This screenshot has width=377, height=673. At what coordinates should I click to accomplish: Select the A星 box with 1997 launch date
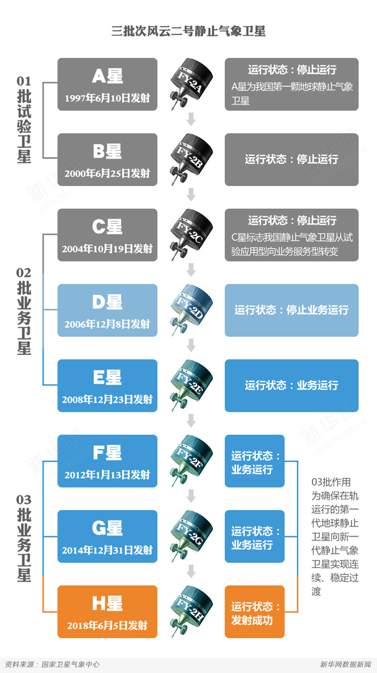[107, 84]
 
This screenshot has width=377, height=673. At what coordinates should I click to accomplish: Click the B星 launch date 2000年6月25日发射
[107, 173]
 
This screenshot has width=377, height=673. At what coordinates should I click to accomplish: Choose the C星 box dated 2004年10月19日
[107, 235]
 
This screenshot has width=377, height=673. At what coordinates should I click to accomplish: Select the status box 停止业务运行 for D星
[291, 310]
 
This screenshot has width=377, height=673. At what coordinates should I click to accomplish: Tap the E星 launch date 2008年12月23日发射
[107, 399]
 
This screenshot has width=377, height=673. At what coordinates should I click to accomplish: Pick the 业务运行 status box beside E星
[291, 385]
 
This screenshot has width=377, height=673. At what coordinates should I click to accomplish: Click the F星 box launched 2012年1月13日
[107, 461]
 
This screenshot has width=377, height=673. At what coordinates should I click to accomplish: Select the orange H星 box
[107, 612]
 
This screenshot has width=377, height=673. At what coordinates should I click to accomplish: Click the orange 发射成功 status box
[255, 612]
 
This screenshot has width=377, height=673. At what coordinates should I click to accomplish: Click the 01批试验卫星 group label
[24, 119]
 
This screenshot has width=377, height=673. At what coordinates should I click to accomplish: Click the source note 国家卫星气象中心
[70, 664]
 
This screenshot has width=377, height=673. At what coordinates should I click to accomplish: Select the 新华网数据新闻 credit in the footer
[345, 664]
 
